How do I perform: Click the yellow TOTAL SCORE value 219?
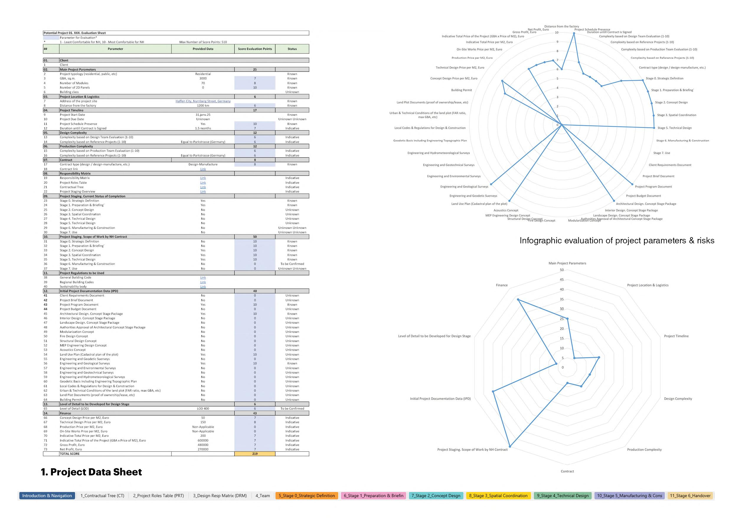[255, 454]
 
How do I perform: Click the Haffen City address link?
[203, 101]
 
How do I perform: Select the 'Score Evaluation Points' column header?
[255, 49]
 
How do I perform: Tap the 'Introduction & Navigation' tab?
[47, 496]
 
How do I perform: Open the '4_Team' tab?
[262, 496]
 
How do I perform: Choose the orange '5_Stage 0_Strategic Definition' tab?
[306, 496]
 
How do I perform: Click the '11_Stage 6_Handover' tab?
[690, 496]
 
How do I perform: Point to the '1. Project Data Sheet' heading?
[91, 472]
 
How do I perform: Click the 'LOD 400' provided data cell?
[203, 409]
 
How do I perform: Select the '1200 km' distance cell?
[203, 105]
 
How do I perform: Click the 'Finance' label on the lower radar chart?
[501, 285]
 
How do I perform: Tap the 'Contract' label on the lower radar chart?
[567, 471]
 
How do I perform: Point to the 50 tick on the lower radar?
[561, 270]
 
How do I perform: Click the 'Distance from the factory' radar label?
[561, 27]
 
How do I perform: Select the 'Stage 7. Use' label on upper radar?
[661, 153]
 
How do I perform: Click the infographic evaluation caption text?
[617, 240]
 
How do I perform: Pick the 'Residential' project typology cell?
[203, 74]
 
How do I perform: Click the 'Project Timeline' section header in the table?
[72, 110]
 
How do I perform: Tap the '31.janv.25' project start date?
[203, 115]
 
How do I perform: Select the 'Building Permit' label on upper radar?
[461, 90]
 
